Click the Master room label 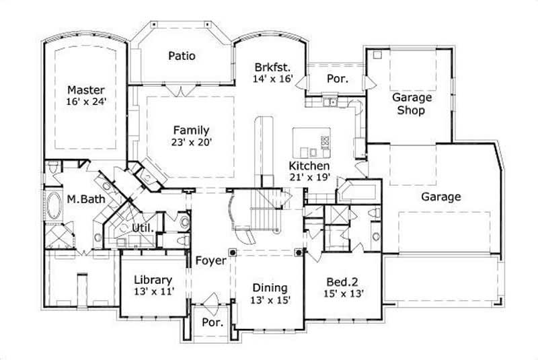point(85,89)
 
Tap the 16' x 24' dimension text point(85,102)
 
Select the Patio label point(182,56)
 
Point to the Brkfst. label point(272,67)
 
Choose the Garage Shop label point(412,104)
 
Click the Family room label point(191,130)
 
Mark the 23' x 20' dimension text point(191,142)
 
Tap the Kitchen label point(309,166)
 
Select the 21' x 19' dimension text point(309,178)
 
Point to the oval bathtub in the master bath point(54,203)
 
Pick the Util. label point(143,228)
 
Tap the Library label point(153,280)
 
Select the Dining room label point(270,287)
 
